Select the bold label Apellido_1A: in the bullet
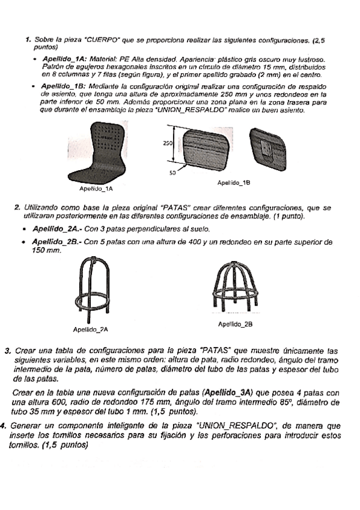64,60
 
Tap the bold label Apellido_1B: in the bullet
64,87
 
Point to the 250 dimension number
168,143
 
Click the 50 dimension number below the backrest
172,173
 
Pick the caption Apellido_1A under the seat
96,189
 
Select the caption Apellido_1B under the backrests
234,183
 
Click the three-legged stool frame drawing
92,288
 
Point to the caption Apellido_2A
91,330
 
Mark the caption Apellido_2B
236,324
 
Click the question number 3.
8,351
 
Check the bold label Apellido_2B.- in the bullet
58,242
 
